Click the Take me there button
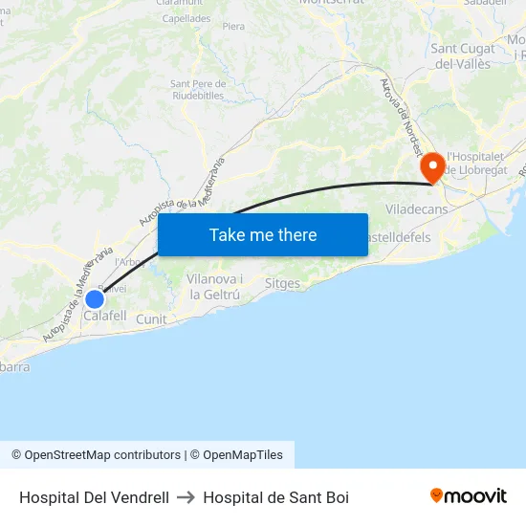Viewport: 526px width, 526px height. coord(263,235)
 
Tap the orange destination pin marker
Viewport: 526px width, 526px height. coord(432,167)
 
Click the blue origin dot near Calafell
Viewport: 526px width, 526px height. coord(94,298)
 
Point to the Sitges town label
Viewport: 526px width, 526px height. coord(282,284)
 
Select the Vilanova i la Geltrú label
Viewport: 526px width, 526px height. coord(215,286)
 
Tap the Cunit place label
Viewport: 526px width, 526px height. coord(151,319)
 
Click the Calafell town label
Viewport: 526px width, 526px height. coord(105,316)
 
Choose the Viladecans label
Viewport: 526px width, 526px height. coord(416,208)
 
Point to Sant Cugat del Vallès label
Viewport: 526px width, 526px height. coord(463,56)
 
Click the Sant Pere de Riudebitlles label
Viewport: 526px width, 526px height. coord(198,89)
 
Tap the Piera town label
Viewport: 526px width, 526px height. coord(233,27)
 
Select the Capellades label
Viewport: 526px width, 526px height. coord(186,18)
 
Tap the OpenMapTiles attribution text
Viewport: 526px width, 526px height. coord(243,455)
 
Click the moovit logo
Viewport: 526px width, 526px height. coord(469,495)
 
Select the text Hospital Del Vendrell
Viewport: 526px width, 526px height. coord(94,497)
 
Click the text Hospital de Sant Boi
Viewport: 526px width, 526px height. coord(275,497)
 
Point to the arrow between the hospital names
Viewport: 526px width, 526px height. coord(186,497)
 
